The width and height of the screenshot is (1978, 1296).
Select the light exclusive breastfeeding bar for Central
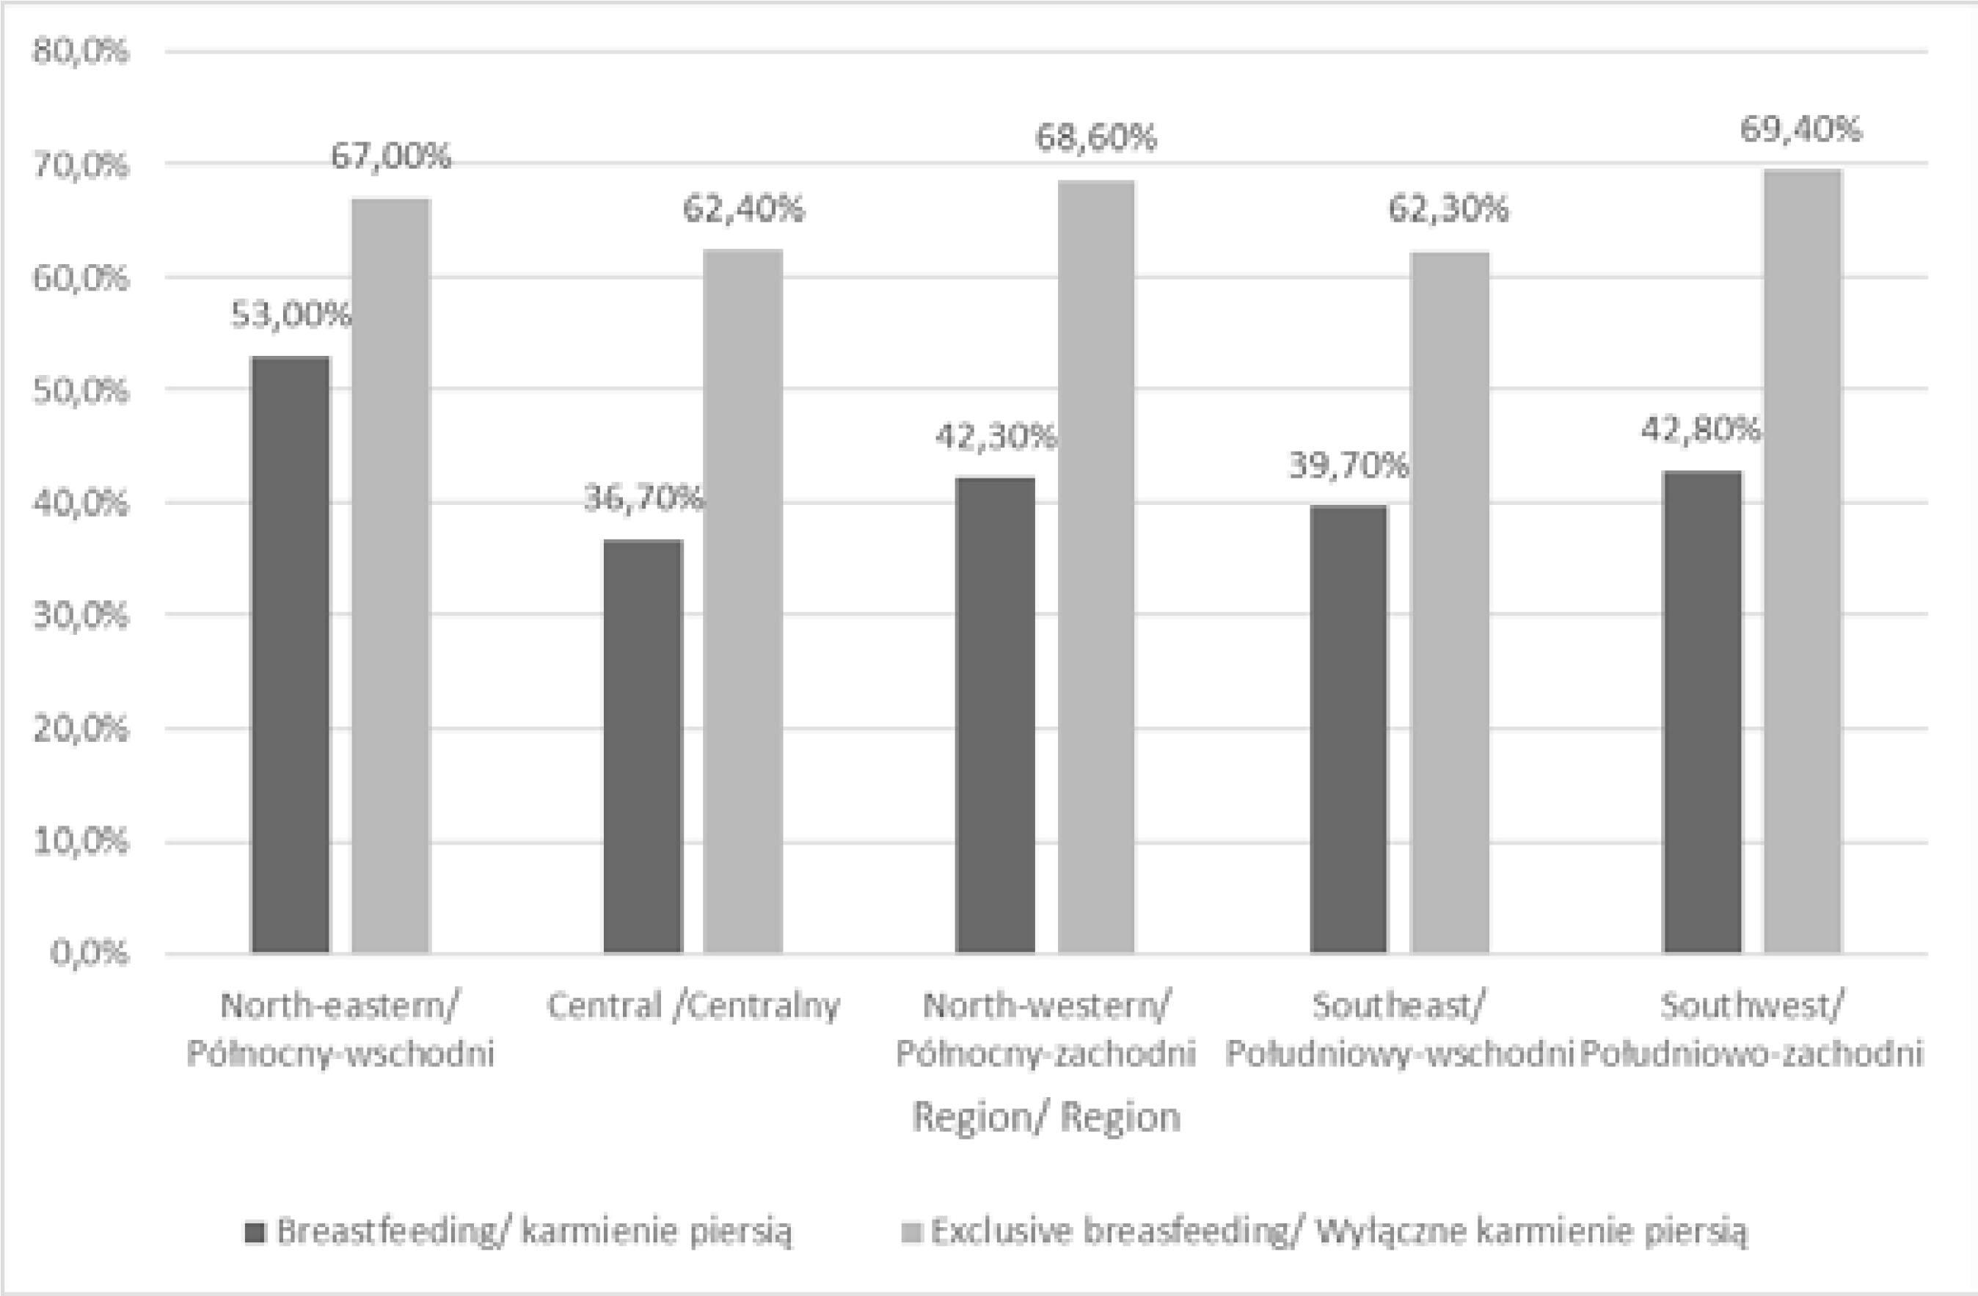[743, 600]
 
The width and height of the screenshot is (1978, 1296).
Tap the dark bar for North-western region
[995, 714]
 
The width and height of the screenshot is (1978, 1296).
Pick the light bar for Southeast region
[1450, 602]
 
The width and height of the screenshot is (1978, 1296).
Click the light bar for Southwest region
[1803, 561]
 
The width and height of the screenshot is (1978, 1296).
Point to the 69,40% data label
[1801, 131]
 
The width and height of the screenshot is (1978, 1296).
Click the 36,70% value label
[643, 499]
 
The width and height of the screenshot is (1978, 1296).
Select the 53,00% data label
[291, 315]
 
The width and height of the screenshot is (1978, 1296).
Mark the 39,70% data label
[1348, 466]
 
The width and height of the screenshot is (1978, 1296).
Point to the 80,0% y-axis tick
[81, 51]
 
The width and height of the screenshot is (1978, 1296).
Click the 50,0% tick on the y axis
[81, 390]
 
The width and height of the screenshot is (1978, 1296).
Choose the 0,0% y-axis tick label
[90, 953]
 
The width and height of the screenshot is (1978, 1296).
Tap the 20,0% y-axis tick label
[81, 729]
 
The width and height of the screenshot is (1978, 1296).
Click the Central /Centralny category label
[693, 1006]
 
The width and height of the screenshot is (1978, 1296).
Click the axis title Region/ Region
[1046, 1117]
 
